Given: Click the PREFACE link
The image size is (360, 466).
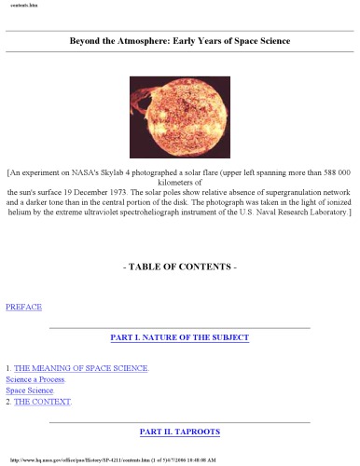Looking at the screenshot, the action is [23, 307].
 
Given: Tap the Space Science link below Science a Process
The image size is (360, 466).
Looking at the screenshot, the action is [30, 391].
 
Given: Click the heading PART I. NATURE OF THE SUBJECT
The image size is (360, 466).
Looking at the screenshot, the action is [179, 337].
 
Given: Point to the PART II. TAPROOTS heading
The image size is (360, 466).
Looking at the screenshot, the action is [179, 432].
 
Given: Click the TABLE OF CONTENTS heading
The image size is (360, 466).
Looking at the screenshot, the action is [180, 267].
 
